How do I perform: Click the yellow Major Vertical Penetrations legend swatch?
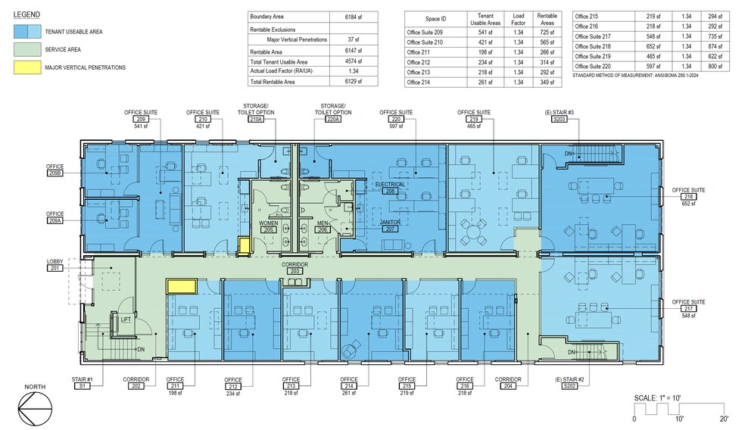click(x=27, y=67)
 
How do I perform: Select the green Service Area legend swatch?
click(x=27, y=49)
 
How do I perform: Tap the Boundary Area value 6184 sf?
click(x=353, y=17)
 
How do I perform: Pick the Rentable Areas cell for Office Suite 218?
click(x=715, y=47)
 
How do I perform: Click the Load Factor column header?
click(x=518, y=19)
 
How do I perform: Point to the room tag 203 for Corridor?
click(x=295, y=271)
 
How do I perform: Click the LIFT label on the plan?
click(x=126, y=319)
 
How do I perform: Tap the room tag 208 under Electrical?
click(x=390, y=191)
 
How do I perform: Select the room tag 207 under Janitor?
click(x=390, y=229)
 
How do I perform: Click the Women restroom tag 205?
click(x=269, y=229)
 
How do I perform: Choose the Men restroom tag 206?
click(x=323, y=229)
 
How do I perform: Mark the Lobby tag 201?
click(x=55, y=268)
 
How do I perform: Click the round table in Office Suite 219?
click(x=474, y=232)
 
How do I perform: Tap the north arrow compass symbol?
click(x=35, y=409)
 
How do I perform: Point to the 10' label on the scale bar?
click(x=679, y=419)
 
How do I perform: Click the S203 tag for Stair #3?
click(x=560, y=119)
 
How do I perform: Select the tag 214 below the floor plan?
click(x=349, y=386)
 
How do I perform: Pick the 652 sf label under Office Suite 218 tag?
click(x=688, y=204)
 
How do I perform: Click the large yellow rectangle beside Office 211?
click(x=182, y=286)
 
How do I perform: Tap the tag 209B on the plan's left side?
click(x=55, y=173)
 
